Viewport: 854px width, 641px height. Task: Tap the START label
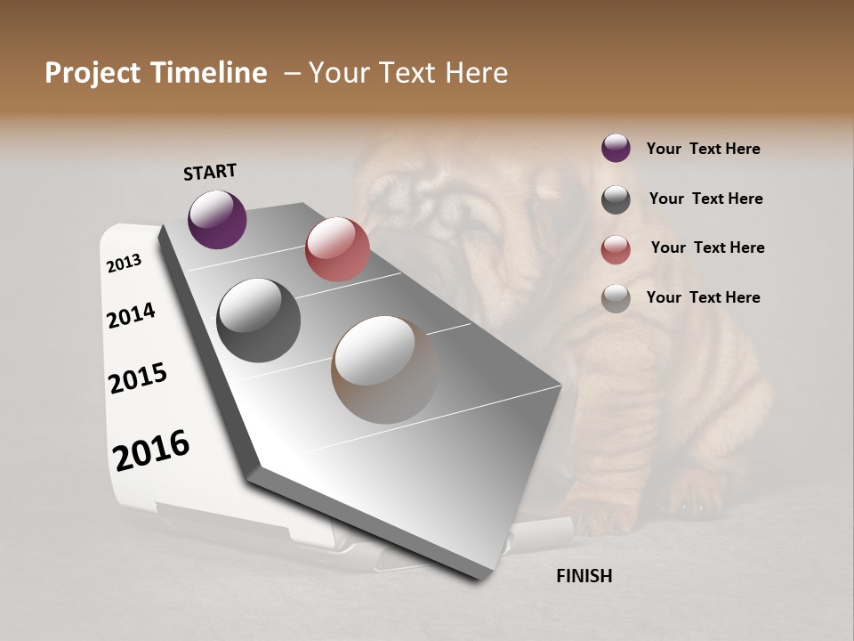(x=210, y=172)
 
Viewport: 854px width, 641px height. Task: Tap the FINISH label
(x=584, y=576)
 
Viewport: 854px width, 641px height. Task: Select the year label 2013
(x=124, y=264)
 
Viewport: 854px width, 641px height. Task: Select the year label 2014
(x=131, y=315)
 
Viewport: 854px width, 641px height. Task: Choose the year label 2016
(x=151, y=450)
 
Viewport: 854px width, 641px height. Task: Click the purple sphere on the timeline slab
(x=217, y=219)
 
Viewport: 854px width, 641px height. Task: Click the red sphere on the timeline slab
(x=337, y=248)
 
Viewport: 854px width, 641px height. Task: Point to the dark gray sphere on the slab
(x=258, y=320)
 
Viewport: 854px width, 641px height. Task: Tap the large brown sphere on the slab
(x=384, y=369)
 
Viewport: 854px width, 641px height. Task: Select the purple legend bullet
(x=616, y=148)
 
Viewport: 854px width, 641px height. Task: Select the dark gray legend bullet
(x=616, y=199)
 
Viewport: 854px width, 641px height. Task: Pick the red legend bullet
(x=616, y=248)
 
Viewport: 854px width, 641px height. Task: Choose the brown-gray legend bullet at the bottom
(x=616, y=298)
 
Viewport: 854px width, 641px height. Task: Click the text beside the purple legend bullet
(x=703, y=149)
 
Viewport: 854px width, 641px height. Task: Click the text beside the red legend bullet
(x=707, y=247)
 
